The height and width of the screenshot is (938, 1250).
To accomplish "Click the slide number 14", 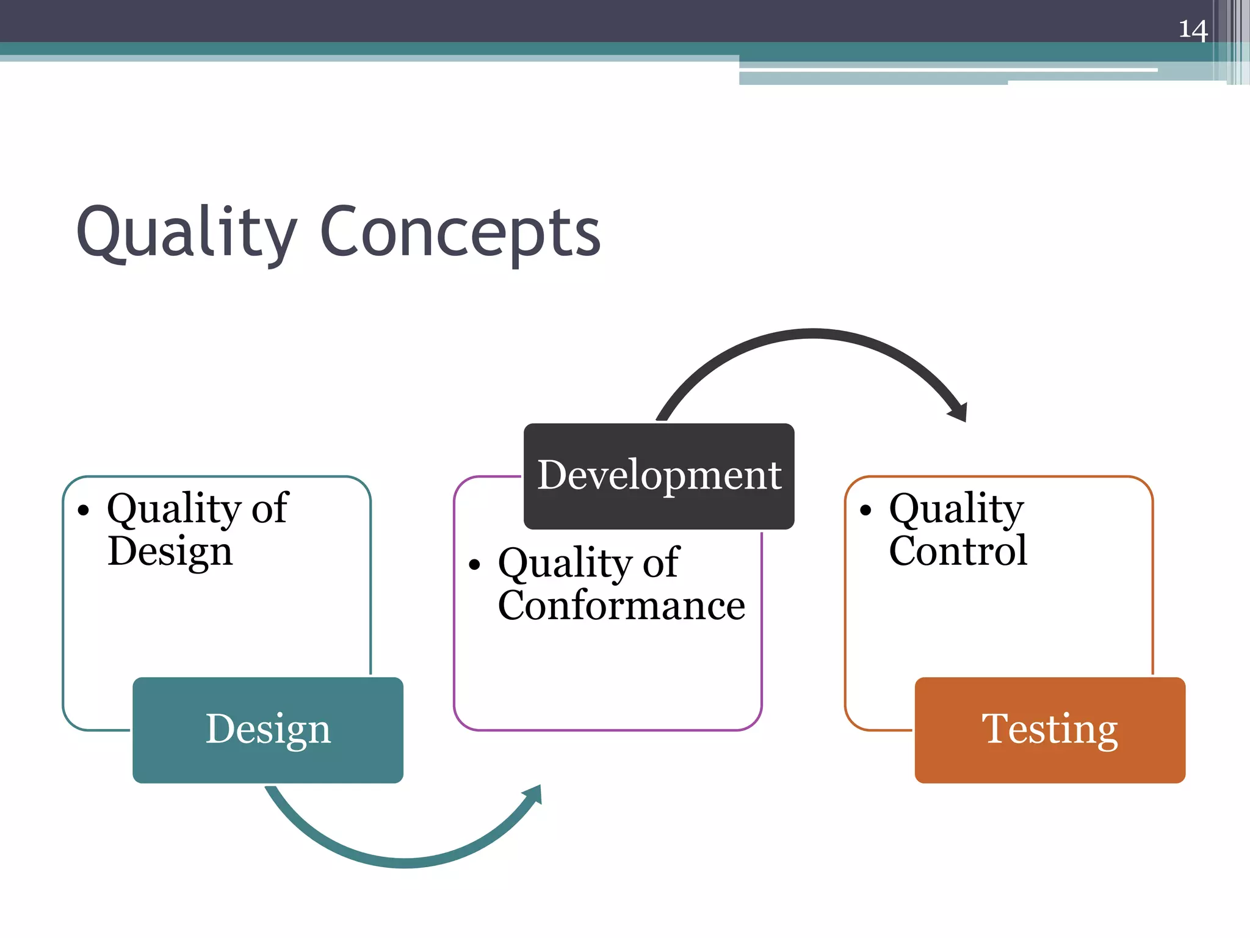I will (1193, 29).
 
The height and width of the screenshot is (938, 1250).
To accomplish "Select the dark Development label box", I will (659, 476).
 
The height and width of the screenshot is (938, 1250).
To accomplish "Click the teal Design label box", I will (267, 730).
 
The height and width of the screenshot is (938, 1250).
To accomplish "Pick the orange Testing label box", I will (1050, 730).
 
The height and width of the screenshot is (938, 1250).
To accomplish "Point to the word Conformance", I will (621, 605).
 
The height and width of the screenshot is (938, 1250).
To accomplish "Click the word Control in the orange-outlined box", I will (958, 551).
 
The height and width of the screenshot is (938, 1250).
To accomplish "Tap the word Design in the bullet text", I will (170, 551).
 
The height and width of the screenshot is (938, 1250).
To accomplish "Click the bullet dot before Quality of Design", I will (84, 510).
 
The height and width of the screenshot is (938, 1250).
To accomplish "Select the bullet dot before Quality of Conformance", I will (475, 564).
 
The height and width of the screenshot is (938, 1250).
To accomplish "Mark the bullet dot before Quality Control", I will (865, 510).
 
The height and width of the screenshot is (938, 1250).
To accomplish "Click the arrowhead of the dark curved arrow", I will (959, 413).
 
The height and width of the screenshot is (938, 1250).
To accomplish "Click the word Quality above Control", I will (956, 508).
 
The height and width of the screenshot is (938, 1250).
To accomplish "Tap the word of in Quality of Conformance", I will (660, 562).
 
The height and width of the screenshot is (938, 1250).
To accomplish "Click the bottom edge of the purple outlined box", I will (608, 730).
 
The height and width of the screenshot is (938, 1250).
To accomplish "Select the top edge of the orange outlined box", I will (999, 476).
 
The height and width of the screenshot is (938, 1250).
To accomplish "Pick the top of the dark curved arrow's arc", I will (813, 333).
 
